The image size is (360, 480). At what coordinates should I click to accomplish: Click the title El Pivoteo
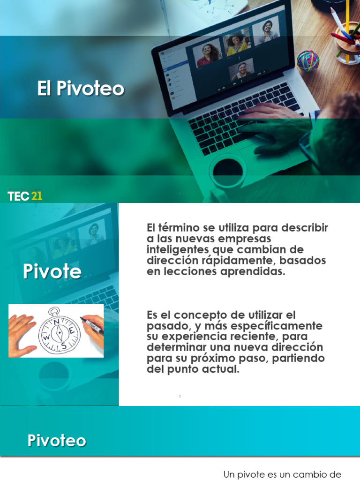tap(81, 89)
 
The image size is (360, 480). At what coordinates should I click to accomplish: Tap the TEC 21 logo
tap(25, 196)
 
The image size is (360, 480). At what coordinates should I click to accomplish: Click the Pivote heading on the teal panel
tap(52, 272)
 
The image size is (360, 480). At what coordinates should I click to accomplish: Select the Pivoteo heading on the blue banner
tap(57, 441)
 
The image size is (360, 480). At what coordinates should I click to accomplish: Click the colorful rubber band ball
tap(307, 61)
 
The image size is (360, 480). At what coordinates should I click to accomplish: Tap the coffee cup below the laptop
tap(228, 172)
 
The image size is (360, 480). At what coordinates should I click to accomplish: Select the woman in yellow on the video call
tap(237, 45)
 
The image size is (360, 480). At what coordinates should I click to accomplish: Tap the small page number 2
tap(180, 396)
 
